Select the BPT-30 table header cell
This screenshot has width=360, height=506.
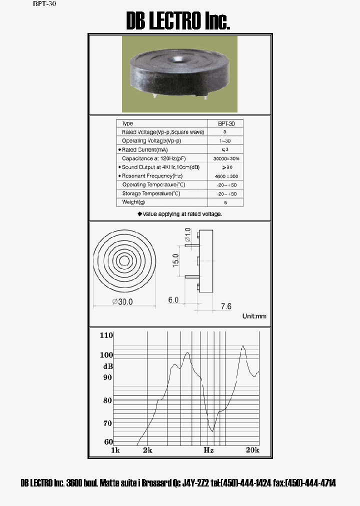pos(225,123)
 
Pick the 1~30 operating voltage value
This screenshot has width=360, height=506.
pos(225,141)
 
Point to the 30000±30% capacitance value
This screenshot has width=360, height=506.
pos(225,158)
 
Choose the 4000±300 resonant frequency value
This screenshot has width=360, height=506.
pos(225,176)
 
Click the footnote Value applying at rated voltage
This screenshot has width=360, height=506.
pos(180,213)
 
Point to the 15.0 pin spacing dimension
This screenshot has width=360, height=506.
pos(176,260)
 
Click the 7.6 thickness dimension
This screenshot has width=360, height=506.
pos(226,306)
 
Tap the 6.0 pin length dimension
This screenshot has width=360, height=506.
pos(173,300)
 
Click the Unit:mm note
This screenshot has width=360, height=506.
pos(254,316)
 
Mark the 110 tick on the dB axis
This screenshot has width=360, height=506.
pos(106,335)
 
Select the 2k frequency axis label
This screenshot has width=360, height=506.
pos(147,450)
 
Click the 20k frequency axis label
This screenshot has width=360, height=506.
pos(252,450)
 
